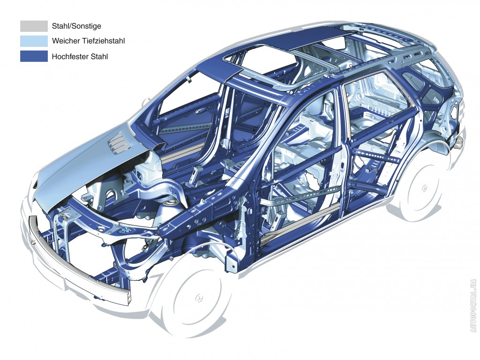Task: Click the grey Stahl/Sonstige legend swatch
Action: point(34,26)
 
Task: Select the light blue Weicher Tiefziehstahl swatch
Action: point(34,41)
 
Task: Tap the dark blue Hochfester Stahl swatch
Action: point(34,56)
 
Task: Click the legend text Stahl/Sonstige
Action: point(76,26)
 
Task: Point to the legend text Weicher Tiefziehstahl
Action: point(89,41)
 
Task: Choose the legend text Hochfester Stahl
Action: point(80,57)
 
